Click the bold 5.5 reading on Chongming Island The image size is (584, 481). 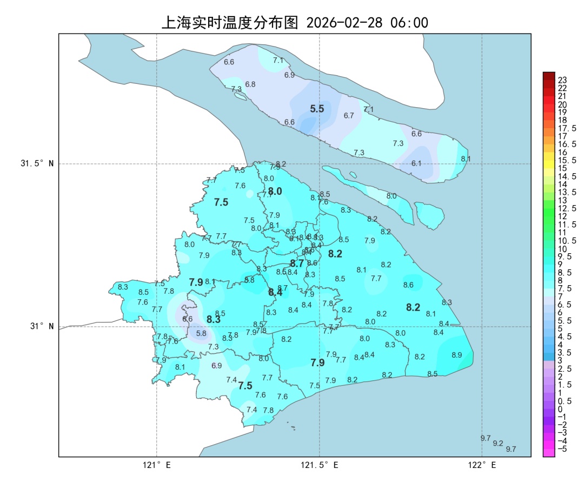[317, 109]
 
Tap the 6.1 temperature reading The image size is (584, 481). [416, 163]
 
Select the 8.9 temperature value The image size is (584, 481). [457, 355]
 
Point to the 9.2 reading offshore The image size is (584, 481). [498, 443]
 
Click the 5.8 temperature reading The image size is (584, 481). [201, 333]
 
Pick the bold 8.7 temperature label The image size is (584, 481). [297, 263]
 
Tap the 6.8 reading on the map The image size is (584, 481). [250, 84]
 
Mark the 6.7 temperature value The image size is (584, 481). [349, 116]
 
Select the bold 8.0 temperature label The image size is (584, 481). [275, 191]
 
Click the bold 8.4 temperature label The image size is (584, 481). [275, 292]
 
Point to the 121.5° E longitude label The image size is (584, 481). [320, 465]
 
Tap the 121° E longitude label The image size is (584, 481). [157, 465]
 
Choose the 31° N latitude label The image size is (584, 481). [42, 326]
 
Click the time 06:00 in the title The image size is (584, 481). [409, 23]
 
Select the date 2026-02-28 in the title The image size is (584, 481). [344, 23]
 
